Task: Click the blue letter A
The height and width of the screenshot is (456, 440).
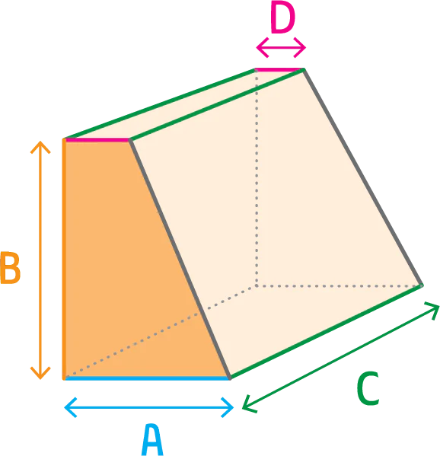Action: (x=152, y=439)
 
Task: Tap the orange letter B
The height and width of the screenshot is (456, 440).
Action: (x=10, y=268)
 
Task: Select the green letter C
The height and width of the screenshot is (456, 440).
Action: (x=368, y=388)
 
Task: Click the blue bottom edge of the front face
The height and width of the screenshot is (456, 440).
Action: (x=147, y=378)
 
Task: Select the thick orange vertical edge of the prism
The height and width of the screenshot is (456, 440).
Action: (x=64, y=259)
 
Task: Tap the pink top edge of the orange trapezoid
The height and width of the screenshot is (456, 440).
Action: (x=97, y=140)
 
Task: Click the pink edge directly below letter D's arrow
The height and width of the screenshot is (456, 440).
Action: (x=279, y=70)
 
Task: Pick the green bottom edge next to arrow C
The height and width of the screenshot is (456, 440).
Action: (x=327, y=332)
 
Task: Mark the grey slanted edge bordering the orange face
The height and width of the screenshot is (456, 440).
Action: (x=180, y=260)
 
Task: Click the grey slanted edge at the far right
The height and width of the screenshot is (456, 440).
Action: (x=362, y=177)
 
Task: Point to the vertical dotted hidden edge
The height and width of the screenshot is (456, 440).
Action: (x=257, y=178)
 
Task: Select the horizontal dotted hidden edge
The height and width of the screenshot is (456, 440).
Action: (x=339, y=286)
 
